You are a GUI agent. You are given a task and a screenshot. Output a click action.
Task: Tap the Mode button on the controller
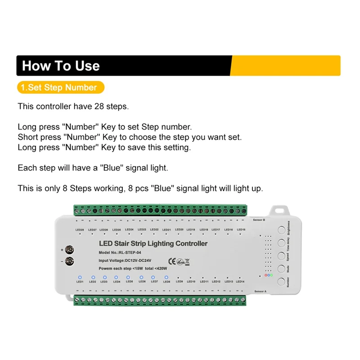(281, 269)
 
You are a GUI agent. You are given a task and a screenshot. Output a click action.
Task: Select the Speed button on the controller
(281, 256)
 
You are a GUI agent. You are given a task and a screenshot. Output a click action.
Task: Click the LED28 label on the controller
(80, 229)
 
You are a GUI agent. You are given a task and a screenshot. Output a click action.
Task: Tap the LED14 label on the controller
(240, 282)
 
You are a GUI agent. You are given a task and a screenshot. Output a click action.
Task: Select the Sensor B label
(259, 220)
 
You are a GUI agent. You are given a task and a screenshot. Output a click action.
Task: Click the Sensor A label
(260, 291)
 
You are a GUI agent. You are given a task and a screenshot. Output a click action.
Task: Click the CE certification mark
(172, 260)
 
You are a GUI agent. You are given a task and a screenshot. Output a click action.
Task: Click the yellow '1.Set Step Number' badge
(60, 87)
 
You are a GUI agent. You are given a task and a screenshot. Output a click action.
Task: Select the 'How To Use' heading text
(61, 66)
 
